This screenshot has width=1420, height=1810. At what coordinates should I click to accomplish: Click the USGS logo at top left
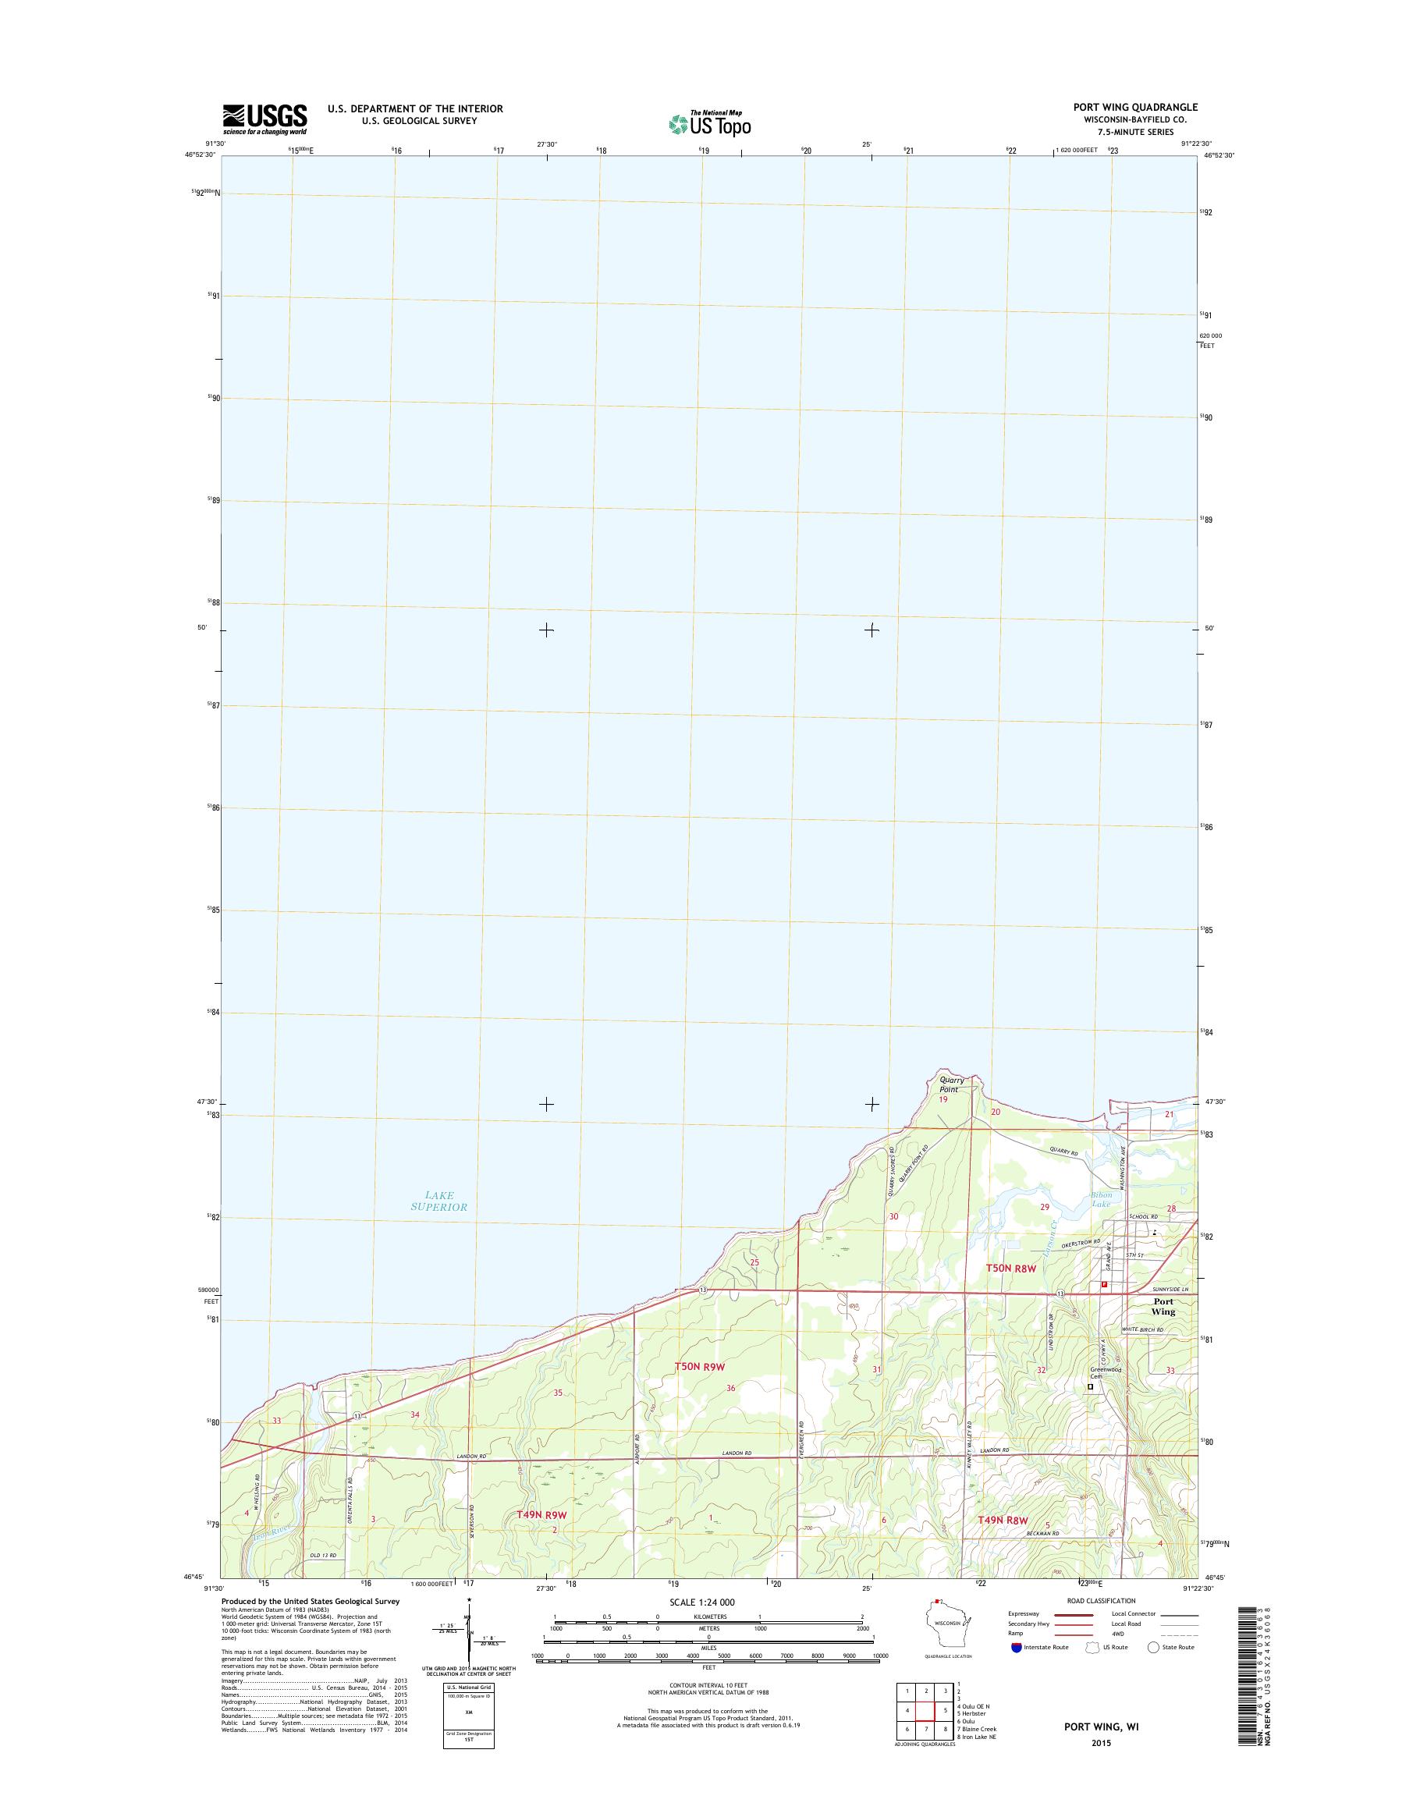(x=264, y=119)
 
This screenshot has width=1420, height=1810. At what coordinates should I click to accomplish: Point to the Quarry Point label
(x=949, y=1084)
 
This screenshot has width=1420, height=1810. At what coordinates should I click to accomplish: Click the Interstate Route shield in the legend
(x=1016, y=1647)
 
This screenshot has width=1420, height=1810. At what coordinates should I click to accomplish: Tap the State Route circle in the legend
(x=1153, y=1647)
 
